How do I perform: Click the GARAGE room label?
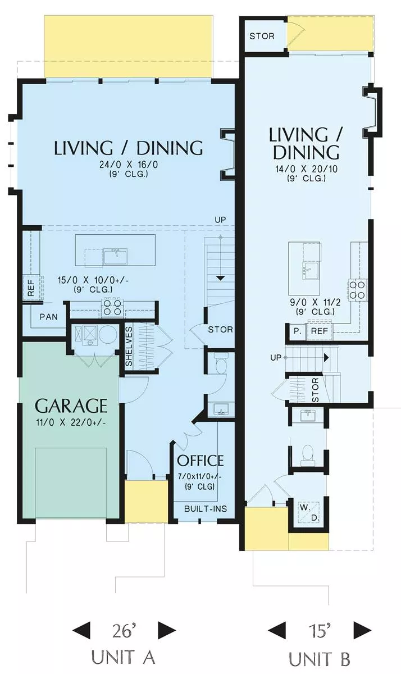71,406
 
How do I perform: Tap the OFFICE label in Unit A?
200,461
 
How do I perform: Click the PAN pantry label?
49,317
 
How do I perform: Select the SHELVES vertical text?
129,347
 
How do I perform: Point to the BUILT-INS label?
206,509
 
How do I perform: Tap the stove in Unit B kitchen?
358,290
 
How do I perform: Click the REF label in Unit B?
319,331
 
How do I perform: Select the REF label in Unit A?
31,288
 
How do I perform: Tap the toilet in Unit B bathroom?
307,453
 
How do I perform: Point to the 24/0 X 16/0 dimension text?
129,165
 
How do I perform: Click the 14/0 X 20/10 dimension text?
307,169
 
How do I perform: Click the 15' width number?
320,631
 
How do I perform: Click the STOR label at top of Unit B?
262,37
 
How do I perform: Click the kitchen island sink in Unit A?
116,257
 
